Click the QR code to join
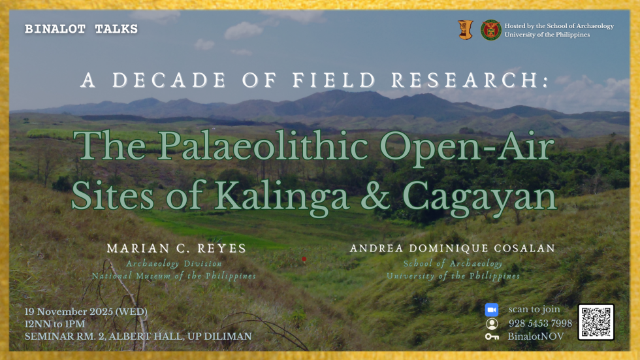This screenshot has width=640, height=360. click(x=596, y=322)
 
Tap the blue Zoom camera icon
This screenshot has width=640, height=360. click(x=492, y=310)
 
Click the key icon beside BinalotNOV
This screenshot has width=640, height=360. click(x=492, y=336)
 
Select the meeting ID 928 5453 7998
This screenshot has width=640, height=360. click(x=540, y=323)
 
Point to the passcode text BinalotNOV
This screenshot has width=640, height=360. click(x=536, y=336)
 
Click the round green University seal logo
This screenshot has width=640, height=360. click(x=490, y=30)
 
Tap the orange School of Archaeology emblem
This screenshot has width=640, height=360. click(x=465, y=30)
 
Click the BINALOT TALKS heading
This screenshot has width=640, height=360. click(x=81, y=29)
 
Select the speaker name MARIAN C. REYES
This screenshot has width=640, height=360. click(x=176, y=248)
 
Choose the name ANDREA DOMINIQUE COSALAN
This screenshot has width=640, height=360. click(x=452, y=248)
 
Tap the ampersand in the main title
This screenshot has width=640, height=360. click(x=375, y=196)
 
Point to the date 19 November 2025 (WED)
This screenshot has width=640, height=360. click(x=86, y=312)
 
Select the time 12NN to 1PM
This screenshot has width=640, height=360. click(x=55, y=324)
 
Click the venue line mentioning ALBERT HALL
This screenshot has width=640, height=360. click(x=138, y=336)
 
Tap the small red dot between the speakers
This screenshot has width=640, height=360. click(x=304, y=259)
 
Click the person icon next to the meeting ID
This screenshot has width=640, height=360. click(x=492, y=323)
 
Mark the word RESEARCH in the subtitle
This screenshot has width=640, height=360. click(x=470, y=80)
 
